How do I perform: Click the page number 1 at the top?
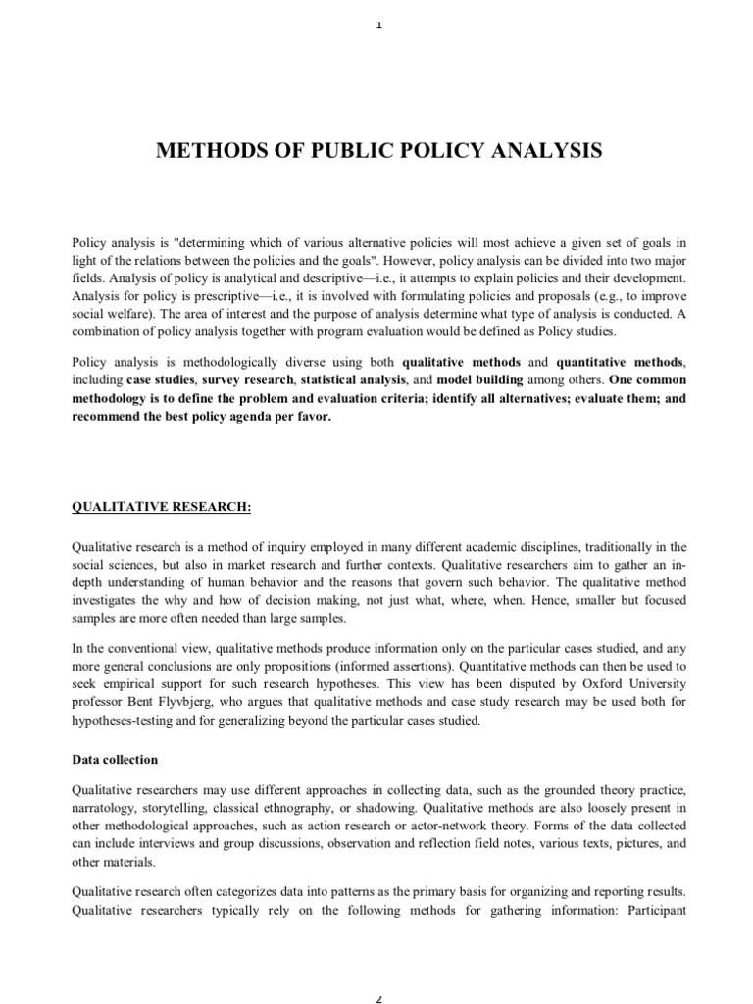point(377,25)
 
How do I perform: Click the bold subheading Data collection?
point(115,760)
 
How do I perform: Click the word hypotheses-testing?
point(125,721)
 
